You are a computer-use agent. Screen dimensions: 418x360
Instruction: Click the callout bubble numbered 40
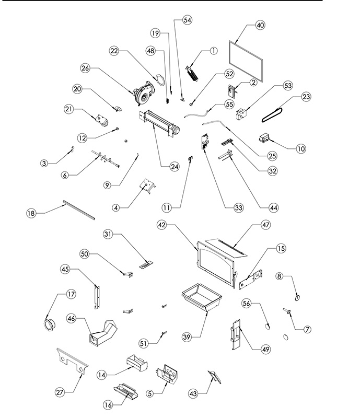pos(260,26)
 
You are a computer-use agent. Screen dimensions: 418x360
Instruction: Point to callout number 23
pos(306,97)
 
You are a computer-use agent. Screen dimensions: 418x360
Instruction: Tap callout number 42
pos(162,224)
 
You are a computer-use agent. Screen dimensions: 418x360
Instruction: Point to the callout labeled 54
pos(187,19)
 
